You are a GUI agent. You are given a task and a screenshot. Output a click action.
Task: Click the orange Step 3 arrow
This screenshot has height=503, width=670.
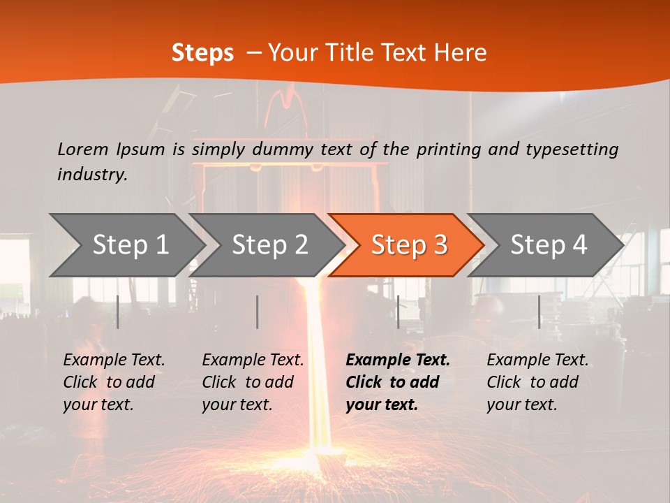pyautogui.click(x=408, y=245)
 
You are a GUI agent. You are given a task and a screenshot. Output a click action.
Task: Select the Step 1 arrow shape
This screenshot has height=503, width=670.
pyautogui.click(x=130, y=245)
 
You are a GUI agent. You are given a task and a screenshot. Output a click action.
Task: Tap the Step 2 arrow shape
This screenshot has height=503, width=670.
pyautogui.click(x=269, y=245)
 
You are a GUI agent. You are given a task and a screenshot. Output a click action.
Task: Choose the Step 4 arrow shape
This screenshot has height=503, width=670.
pyautogui.click(x=548, y=245)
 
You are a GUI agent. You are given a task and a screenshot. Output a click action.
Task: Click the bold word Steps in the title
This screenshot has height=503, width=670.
pyautogui.click(x=202, y=52)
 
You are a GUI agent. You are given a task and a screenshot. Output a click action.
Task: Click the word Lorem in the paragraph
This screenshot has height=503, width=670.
pyautogui.click(x=82, y=149)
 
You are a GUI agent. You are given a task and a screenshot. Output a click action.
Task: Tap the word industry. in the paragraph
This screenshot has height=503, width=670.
pyautogui.click(x=92, y=174)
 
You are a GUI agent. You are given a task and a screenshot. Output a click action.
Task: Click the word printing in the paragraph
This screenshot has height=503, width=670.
pyautogui.click(x=449, y=149)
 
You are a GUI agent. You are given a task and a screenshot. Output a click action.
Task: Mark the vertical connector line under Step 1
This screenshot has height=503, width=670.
pyautogui.click(x=118, y=312)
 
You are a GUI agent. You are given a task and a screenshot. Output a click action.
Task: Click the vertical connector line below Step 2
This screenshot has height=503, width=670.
pyautogui.click(x=258, y=312)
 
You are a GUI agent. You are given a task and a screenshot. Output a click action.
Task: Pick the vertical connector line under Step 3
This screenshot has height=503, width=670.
pyautogui.click(x=398, y=312)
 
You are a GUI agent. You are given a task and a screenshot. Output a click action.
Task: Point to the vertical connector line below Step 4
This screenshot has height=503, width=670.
pyautogui.click(x=539, y=312)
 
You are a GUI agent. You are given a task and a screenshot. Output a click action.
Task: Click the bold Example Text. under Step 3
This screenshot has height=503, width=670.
pyautogui.click(x=398, y=360)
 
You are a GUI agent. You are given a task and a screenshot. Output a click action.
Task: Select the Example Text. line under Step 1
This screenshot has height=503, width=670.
pyautogui.click(x=114, y=360)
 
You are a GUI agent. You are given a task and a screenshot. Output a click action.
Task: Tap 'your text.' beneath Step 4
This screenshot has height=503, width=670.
pyautogui.click(x=521, y=404)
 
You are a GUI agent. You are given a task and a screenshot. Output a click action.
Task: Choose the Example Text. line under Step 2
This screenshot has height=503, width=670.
pyautogui.click(x=253, y=360)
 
